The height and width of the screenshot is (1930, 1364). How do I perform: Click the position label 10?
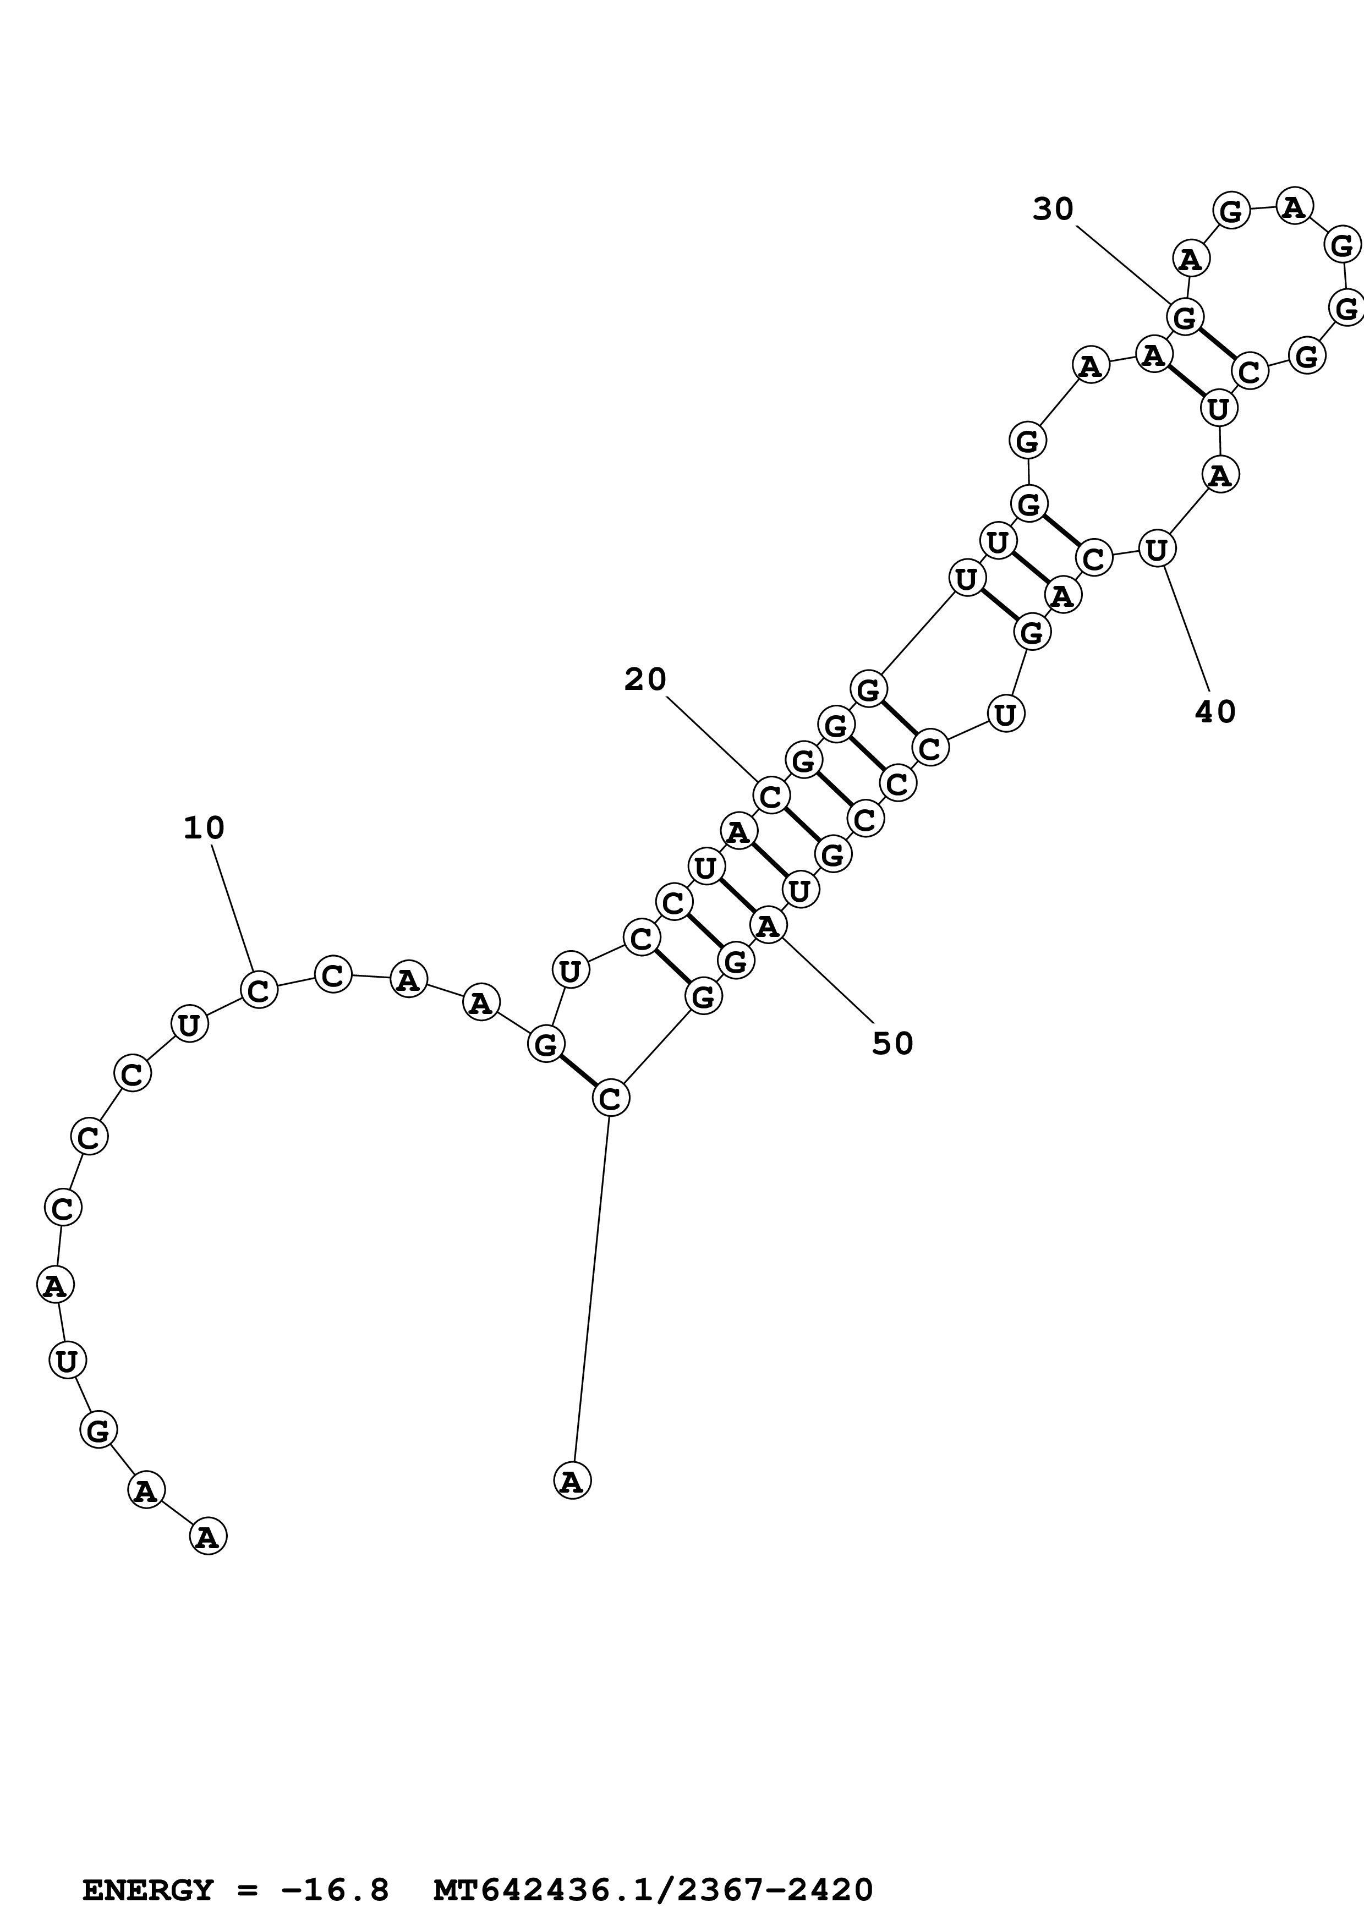pos(204,829)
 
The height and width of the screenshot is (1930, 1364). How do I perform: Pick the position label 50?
pos(892,1043)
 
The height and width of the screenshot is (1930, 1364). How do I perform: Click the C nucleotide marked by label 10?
pos(259,989)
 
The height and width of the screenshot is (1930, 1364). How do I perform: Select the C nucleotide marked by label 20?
pos(771,795)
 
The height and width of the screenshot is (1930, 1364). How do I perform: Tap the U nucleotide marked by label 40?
pos(1157,550)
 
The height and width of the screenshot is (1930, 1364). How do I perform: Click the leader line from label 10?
pos(232,908)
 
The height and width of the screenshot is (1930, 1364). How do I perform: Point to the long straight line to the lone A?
pos(591,1290)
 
